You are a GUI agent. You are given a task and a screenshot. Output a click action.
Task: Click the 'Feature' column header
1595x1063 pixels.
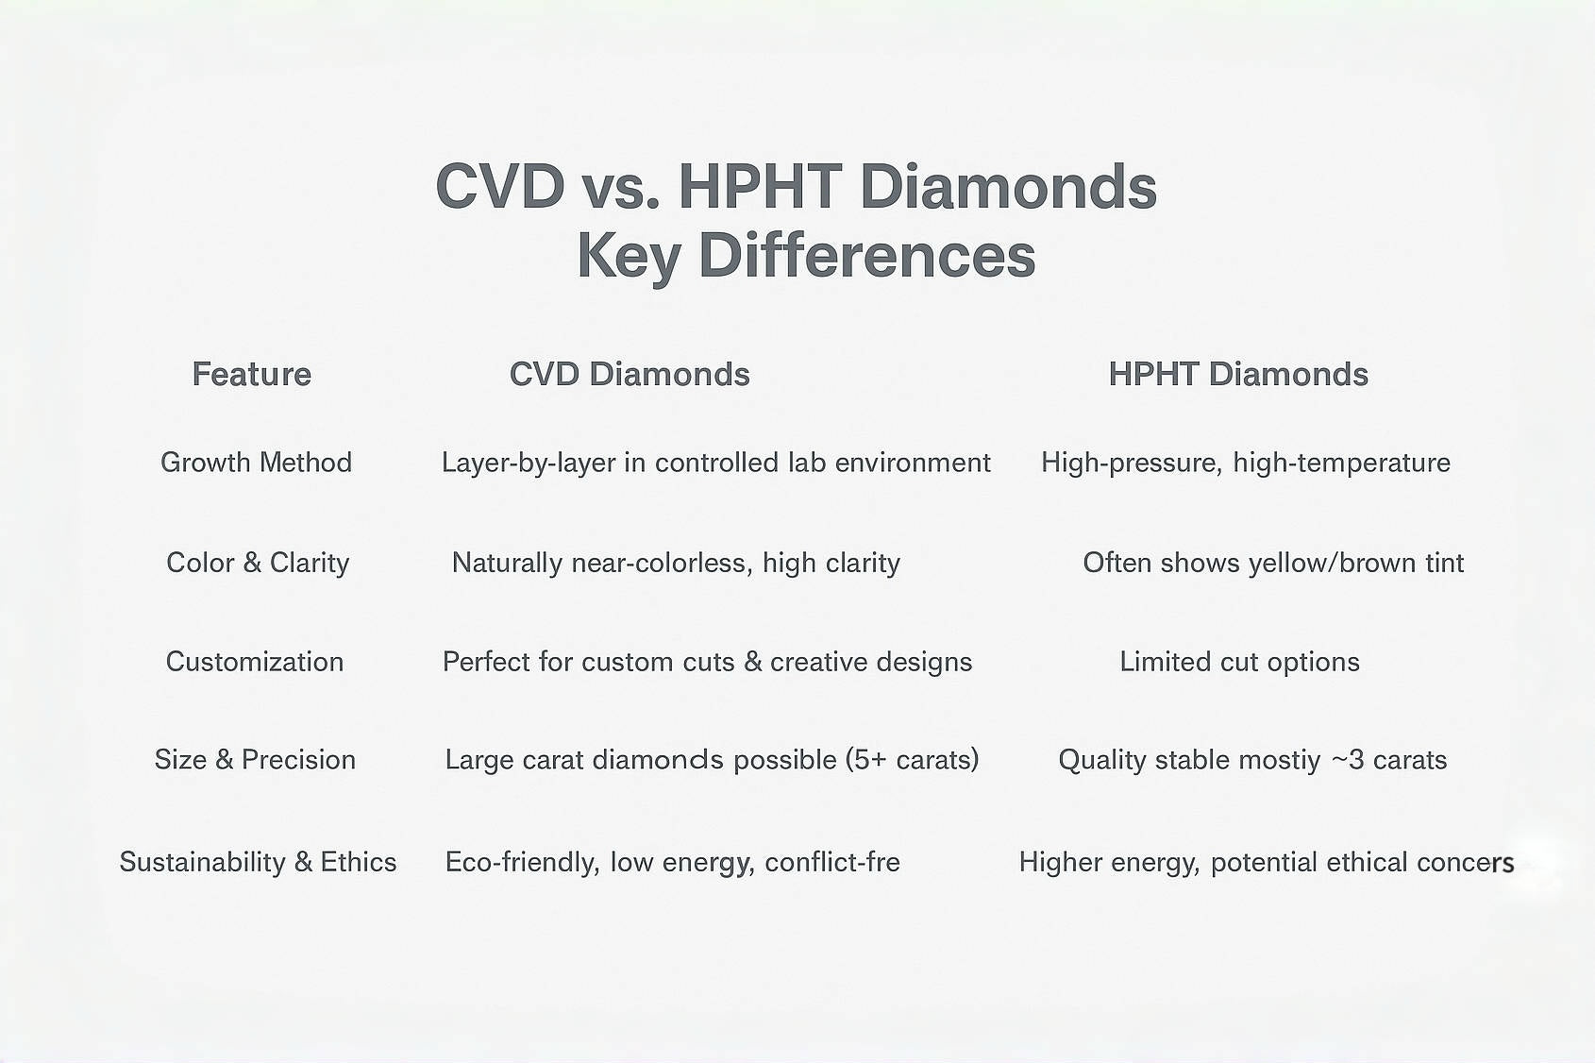pos(251,375)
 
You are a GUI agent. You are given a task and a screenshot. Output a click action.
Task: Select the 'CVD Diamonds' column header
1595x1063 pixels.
pos(630,375)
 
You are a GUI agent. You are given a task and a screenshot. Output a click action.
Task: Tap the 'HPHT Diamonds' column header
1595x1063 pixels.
pos(1237,375)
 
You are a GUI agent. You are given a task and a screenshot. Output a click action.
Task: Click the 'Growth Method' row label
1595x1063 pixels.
pos(256,463)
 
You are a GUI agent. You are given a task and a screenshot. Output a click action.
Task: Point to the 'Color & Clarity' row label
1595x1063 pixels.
pos(258,563)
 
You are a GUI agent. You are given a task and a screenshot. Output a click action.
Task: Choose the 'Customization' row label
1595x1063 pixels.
pos(255,662)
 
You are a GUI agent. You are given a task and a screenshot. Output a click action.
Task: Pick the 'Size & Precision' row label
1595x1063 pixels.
pos(255,760)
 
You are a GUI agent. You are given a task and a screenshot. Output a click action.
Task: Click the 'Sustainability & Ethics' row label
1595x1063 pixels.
pos(258,862)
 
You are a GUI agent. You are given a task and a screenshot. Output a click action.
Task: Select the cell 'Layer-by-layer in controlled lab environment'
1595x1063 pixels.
pos(715,463)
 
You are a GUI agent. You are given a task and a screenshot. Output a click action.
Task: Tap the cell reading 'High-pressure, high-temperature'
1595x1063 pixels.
pos(1245,463)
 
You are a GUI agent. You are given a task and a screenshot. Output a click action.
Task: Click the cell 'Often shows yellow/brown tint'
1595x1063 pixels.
pos(1272,563)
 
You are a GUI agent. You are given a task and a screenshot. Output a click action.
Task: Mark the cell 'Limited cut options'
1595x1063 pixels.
pos(1239,662)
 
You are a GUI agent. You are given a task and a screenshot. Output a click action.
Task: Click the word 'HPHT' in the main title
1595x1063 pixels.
pos(759,187)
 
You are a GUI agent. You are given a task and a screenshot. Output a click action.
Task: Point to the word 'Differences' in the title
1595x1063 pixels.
pos(866,256)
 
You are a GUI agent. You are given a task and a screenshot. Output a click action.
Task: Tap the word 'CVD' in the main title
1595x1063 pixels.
pos(500,187)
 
